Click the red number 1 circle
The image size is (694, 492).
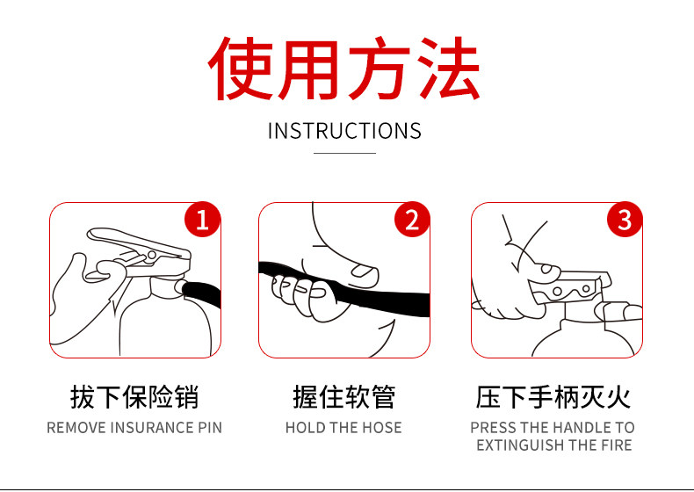pos(202,220)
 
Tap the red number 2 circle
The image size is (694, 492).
pos(412,220)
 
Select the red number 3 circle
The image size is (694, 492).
pos(624,220)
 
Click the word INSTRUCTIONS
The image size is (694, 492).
pos(344,131)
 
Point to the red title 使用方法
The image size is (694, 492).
pos(344,69)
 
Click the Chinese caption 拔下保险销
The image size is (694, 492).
pos(134,397)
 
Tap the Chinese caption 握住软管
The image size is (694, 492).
pos(343,397)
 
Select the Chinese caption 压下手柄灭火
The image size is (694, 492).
pos(553,397)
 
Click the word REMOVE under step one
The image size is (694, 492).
pos(76,428)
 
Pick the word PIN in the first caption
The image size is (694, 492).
pos(210,428)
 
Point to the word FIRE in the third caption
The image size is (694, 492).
pos(616,445)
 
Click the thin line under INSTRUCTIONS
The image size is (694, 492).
pos(344,153)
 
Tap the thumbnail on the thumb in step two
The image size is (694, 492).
pos(362,270)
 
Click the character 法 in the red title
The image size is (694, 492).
pos(448,69)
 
